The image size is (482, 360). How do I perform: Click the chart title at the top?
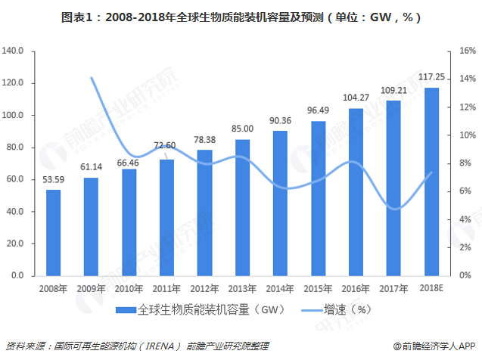(x=241, y=16)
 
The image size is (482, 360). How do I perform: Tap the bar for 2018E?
(x=431, y=182)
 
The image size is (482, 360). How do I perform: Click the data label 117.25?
(x=431, y=78)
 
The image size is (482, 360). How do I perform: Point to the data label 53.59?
(x=53, y=180)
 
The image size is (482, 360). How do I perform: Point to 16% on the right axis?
(x=466, y=51)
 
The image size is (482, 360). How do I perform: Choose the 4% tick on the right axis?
(x=464, y=220)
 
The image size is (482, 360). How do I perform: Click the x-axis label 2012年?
(x=204, y=287)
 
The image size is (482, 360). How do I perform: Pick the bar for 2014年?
(x=280, y=203)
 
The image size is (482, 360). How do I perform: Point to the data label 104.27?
(x=356, y=98)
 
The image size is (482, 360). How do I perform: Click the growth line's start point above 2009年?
(x=91, y=77)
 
